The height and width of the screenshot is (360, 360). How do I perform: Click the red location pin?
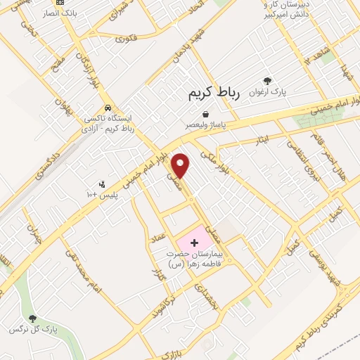point(182,165)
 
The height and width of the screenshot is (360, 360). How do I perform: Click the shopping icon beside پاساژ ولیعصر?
point(205,115)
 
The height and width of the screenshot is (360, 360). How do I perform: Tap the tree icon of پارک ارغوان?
point(266,82)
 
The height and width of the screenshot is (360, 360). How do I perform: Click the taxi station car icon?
point(106,108)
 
